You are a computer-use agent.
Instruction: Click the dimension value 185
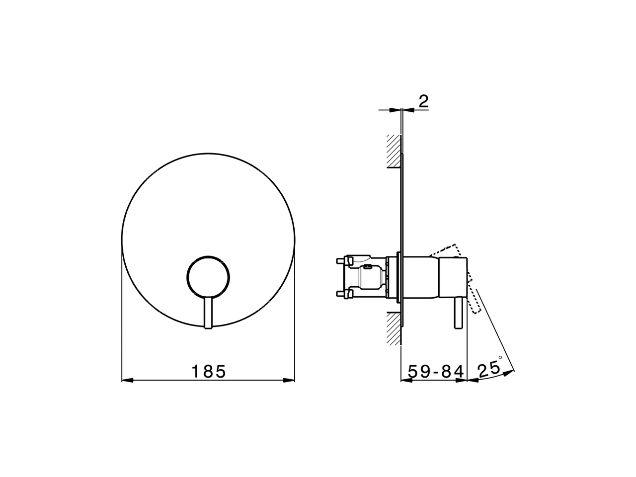coord(209,371)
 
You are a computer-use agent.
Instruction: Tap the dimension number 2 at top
coord(423,101)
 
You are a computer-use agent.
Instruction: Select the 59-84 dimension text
coord(436,371)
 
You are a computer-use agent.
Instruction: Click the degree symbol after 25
coord(500,357)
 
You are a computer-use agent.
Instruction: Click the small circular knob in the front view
coord(208,278)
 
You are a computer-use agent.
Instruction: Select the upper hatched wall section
coord(394,151)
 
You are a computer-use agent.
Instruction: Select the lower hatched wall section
coord(394,328)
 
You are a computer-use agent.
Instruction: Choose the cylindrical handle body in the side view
coord(447,278)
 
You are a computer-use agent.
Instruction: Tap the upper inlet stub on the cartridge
coord(343,259)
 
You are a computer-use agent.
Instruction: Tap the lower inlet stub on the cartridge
coord(343,294)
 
